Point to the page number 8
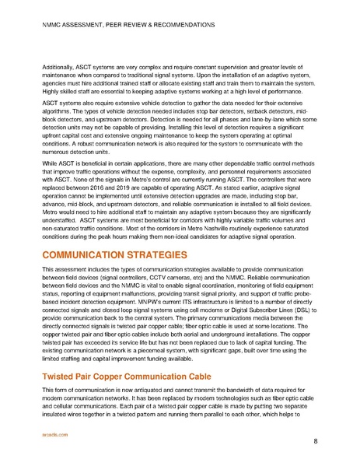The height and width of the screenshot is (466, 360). [315, 441]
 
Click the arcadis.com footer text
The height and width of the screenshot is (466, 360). [51, 436]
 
